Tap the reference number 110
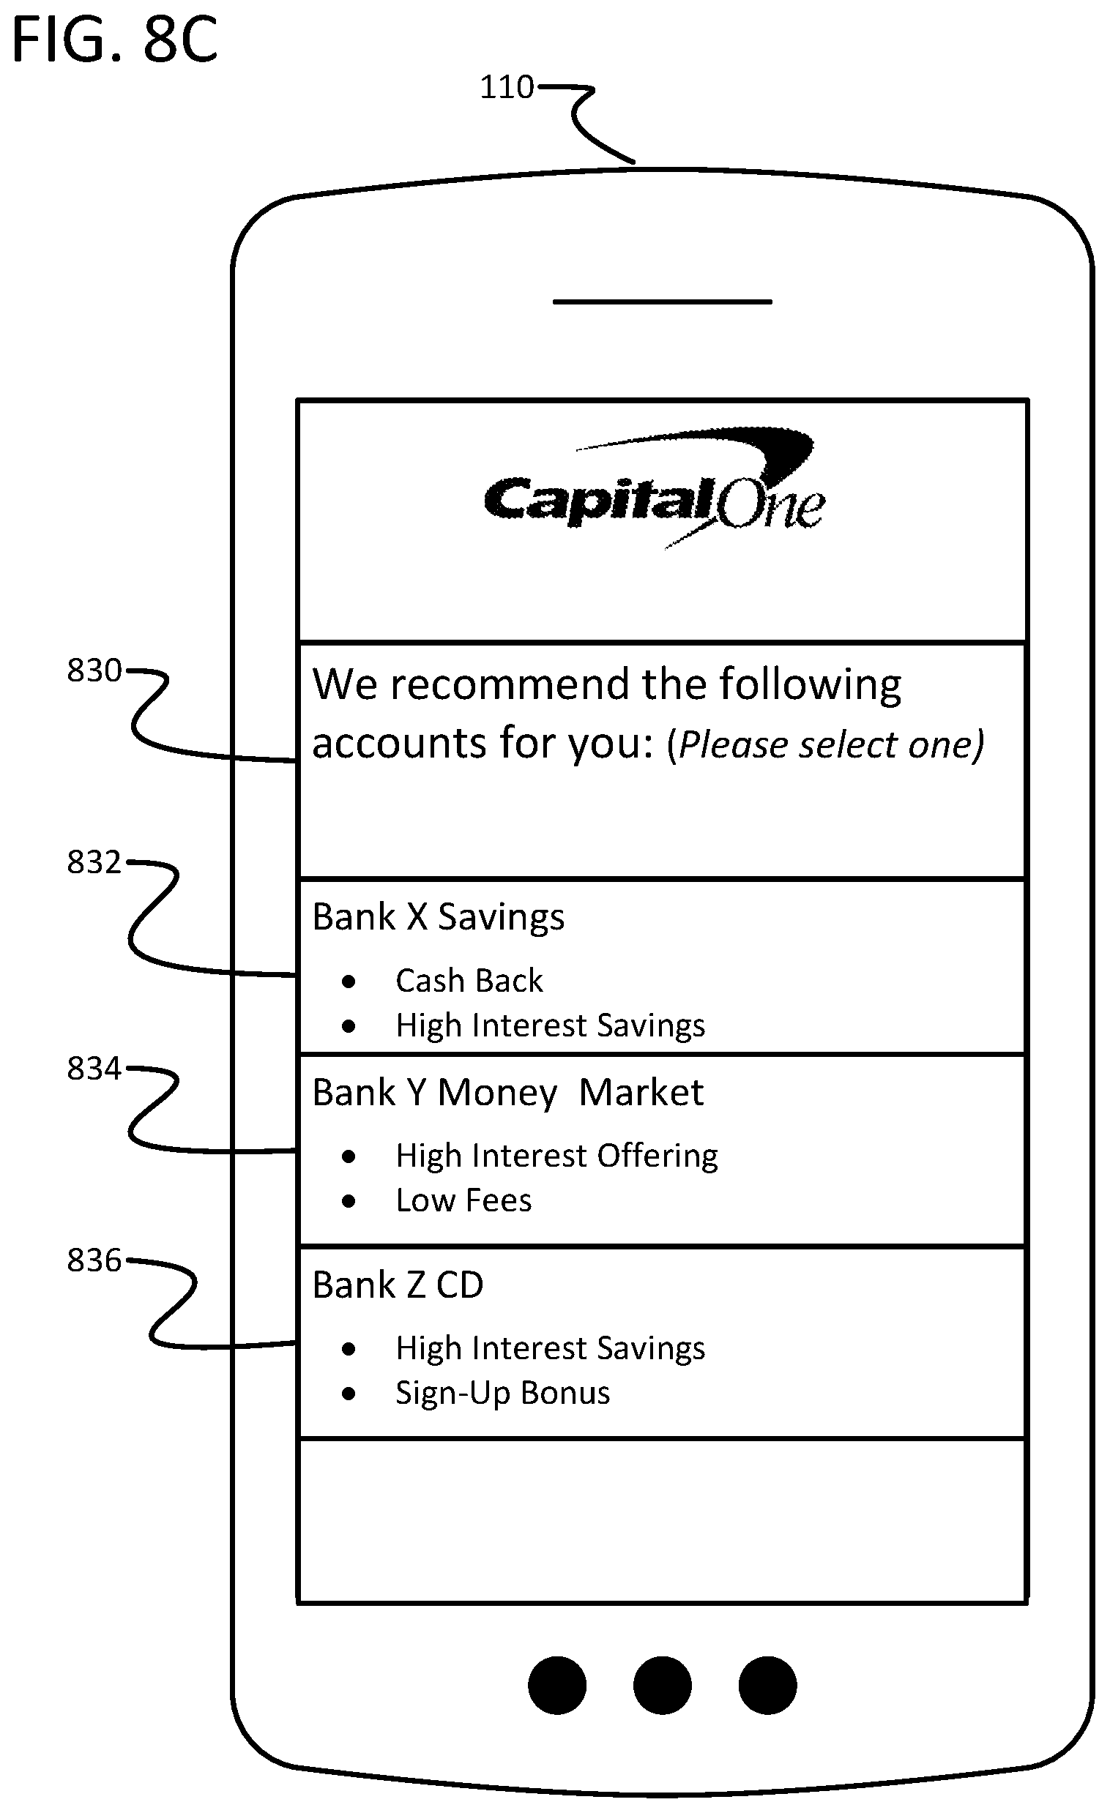pyautogui.click(x=507, y=87)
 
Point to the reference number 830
pyautogui.click(x=94, y=670)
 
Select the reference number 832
pyautogui.click(x=94, y=861)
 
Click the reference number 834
pyautogui.click(x=94, y=1069)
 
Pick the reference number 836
pyautogui.click(x=94, y=1260)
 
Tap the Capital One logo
pyautogui.click(x=655, y=490)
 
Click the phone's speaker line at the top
pyautogui.click(x=663, y=302)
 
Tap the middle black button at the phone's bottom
pyautogui.click(x=663, y=1685)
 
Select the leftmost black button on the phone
pyautogui.click(x=557, y=1685)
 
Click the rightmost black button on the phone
pyautogui.click(x=768, y=1685)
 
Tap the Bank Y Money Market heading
pyautogui.click(x=508, y=1093)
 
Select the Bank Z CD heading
pyautogui.click(x=398, y=1285)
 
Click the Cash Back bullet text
pyautogui.click(x=469, y=980)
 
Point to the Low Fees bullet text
pyautogui.click(x=463, y=1200)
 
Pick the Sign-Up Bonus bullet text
pyautogui.click(x=503, y=1394)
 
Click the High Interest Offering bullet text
pyautogui.click(x=556, y=1156)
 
